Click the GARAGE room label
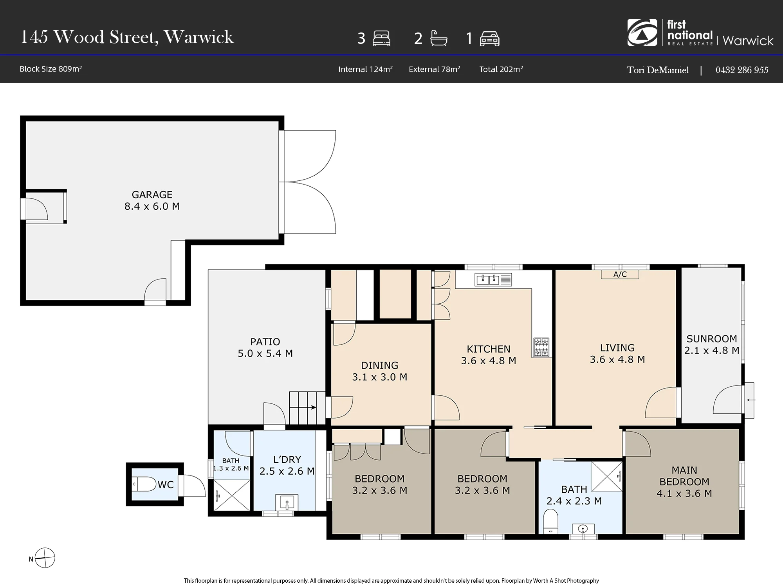pos(152,194)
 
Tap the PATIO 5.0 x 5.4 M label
pos(265,348)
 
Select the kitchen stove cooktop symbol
pos(541,347)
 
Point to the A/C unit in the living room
pos(620,274)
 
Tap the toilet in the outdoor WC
pos(144,484)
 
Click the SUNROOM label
pos(711,339)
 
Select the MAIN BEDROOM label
pos(684,476)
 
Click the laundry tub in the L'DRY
pos(287,502)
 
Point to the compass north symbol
pos(45,558)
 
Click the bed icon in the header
pos(381,38)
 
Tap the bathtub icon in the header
pos(438,38)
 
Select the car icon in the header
pos(489,39)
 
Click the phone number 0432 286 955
pos(742,70)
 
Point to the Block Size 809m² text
pos(51,69)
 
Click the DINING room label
pos(379,366)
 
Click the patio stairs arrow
pos(308,407)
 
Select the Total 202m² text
pos(501,69)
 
